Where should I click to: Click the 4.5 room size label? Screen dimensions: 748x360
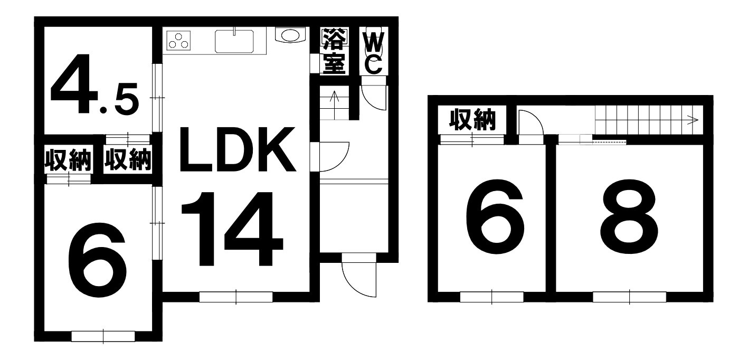tap(94, 85)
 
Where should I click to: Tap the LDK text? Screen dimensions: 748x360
tap(238, 149)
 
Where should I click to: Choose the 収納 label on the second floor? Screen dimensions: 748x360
tap(472, 119)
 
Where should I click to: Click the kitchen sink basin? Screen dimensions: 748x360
tap(234, 41)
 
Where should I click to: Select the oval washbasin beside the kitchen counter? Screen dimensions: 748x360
tap(290, 35)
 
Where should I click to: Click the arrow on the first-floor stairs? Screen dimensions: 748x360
tap(334, 105)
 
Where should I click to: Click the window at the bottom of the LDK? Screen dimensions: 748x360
tap(236, 297)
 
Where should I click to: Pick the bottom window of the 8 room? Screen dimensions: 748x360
tap(629, 297)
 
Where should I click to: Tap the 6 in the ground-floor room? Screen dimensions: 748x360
tap(97, 260)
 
